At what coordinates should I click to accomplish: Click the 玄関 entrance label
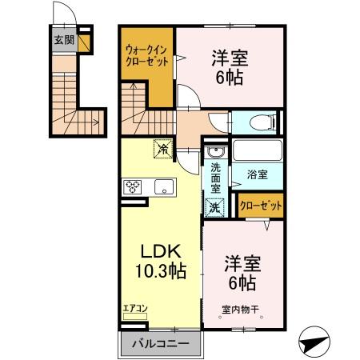pos(63,39)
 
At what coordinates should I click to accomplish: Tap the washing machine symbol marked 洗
pos(214,206)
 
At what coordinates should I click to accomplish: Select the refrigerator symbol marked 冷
pos(162,147)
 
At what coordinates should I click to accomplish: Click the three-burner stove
pos(133,188)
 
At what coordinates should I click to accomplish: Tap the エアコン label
pos(134,308)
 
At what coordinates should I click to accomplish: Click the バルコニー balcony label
pos(161,344)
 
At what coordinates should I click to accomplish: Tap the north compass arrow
pos(316,341)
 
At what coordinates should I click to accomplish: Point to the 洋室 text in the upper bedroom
pos(229,58)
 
